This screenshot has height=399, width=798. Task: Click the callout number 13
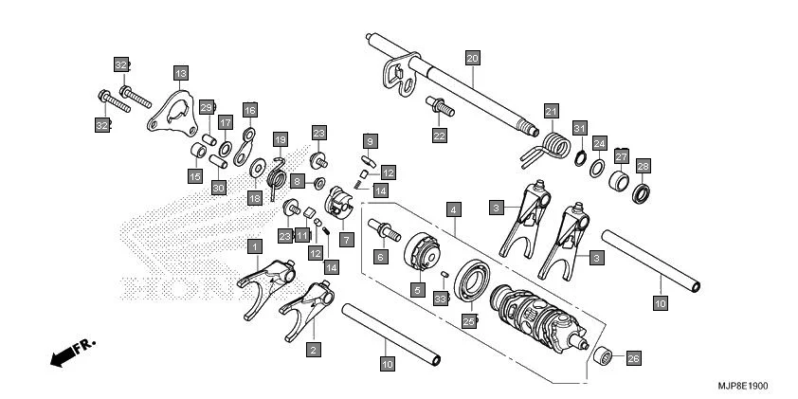click(x=180, y=71)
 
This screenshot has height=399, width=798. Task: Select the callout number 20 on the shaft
click(x=472, y=58)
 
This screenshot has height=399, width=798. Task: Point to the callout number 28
click(x=643, y=166)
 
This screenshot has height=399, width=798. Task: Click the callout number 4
click(x=455, y=208)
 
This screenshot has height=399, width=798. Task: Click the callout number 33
click(x=439, y=298)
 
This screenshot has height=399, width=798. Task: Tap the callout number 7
click(x=347, y=240)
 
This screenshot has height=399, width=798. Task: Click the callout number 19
click(x=280, y=140)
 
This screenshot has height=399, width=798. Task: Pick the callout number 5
click(x=415, y=288)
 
